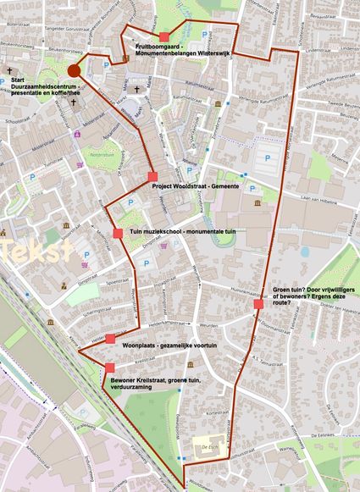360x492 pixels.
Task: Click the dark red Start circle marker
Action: tap(74, 70)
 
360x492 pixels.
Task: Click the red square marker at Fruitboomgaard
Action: tap(163, 36)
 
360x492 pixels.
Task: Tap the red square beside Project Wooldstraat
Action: tap(152, 176)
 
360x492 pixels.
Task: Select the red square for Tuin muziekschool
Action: tap(118, 232)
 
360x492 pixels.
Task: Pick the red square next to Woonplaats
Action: tap(109, 338)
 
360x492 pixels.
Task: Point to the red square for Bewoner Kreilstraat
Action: tap(110, 367)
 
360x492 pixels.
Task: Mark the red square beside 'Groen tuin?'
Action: tap(258, 304)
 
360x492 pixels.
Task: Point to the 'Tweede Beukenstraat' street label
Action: tap(341, 108)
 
